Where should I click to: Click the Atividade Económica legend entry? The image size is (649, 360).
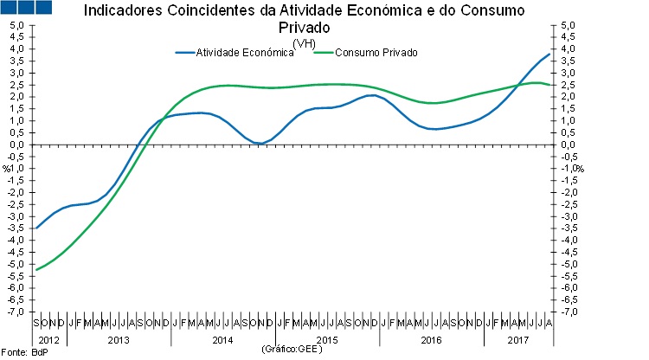click(x=245, y=53)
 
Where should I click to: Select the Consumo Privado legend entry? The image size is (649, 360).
click(x=376, y=53)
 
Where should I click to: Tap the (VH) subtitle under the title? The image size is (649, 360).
click(x=304, y=43)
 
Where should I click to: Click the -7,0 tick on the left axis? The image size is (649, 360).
click(x=17, y=311)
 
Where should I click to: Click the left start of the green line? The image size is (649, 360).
click(x=36, y=269)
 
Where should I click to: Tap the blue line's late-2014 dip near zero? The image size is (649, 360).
click(x=260, y=143)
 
